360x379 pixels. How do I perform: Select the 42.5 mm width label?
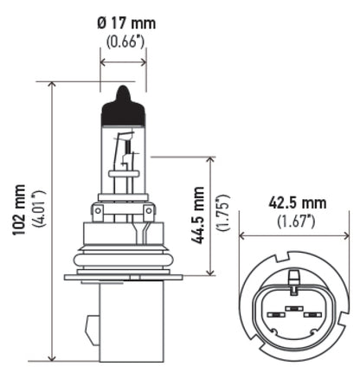297,204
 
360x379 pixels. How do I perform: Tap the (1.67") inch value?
297,222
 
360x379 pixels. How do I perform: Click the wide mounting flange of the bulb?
125,277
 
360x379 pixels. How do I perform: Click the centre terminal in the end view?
294,307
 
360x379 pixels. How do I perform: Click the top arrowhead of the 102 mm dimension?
53,85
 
